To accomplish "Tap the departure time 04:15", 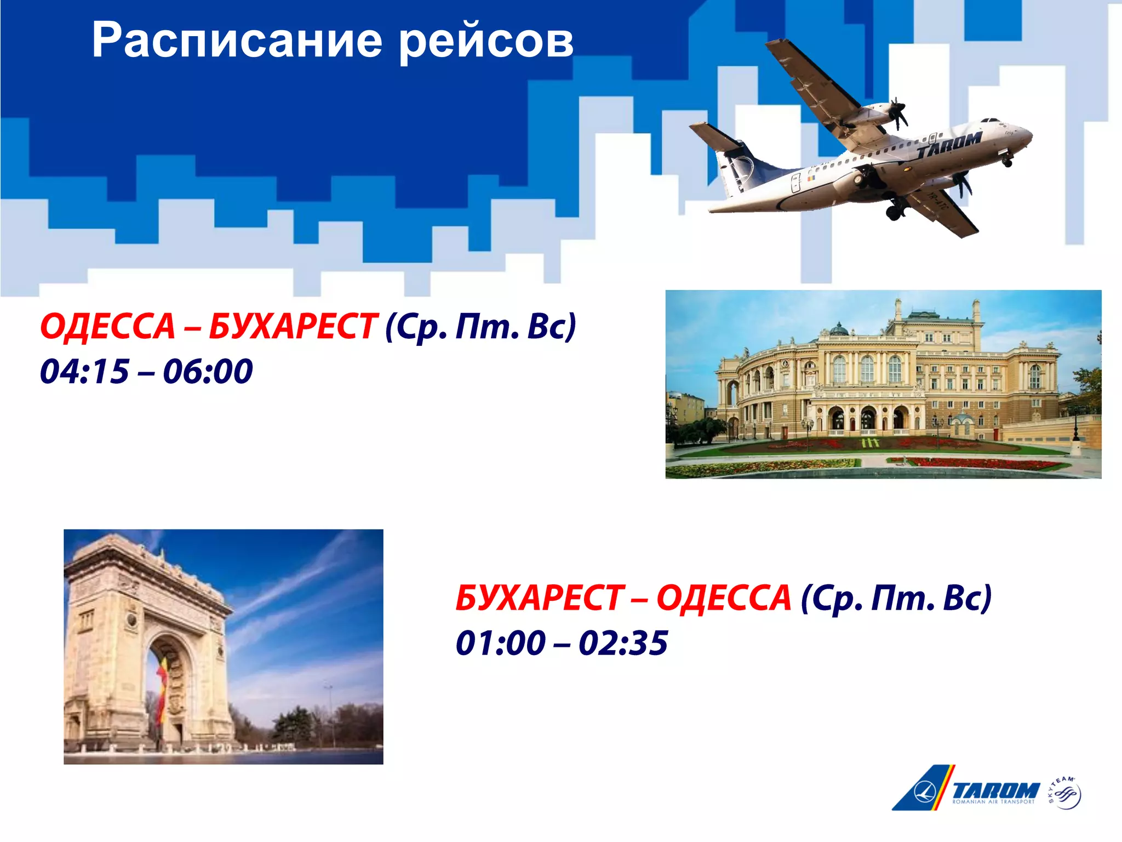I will [x=84, y=371].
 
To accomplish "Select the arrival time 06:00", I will [x=208, y=371].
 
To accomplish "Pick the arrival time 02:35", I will [x=623, y=642].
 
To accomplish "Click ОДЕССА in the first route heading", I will [x=107, y=327].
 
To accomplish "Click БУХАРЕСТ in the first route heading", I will [x=293, y=327].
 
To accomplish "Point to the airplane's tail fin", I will [x=737, y=164].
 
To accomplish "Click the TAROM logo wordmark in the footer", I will [x=995, y=790].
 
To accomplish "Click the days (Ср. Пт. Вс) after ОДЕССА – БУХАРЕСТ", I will [x=480, y=327].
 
